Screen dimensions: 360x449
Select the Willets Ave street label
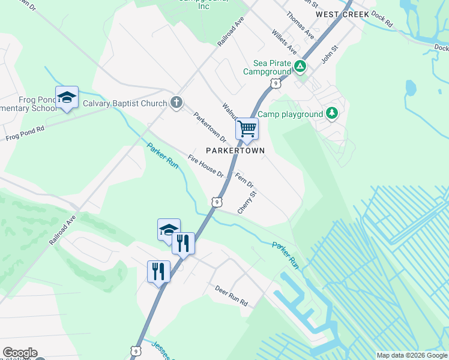tap(284, 40)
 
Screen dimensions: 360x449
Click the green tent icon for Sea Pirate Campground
tap(300, 67)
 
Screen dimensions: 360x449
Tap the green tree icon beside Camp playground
tap(331, 113)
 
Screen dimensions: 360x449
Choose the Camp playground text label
tap(290, 114)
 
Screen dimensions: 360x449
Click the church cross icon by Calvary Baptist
tap(176, 103)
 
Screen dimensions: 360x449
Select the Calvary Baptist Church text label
tap(125, 103)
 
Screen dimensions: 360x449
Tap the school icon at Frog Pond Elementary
tap(67, 97)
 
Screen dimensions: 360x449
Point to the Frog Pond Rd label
tap(25, 133)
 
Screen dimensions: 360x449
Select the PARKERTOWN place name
tap(235, 150)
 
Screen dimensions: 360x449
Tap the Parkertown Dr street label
tap(209, 127)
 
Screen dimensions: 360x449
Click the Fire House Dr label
tap(205, 167)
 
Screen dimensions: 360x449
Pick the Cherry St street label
tap(247, 203)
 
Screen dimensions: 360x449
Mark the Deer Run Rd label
tap(232, 296)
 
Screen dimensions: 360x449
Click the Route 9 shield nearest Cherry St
tap(216, 202)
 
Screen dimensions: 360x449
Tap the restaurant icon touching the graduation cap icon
tap(183, 243)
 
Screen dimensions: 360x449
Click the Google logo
tap(20, 353)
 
